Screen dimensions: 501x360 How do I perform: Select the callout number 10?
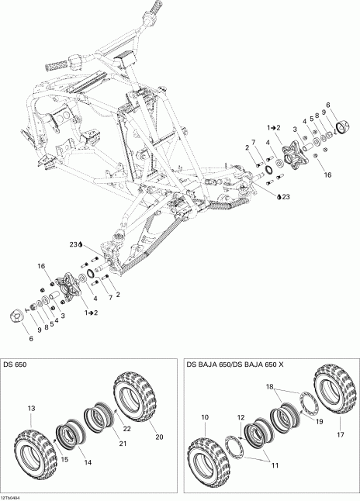point(205,418)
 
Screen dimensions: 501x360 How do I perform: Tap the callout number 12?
point(241,418)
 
